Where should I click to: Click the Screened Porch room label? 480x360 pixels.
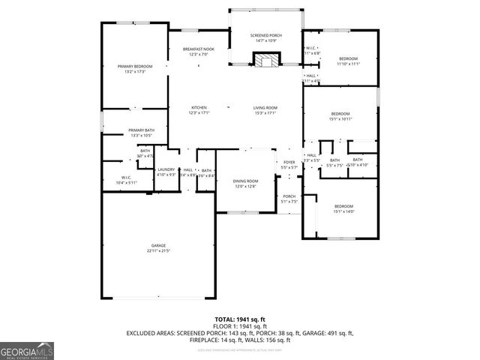pyautogui.click(x=265, y=36)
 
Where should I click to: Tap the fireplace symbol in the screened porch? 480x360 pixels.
pyautogui.click(x=265, y=60)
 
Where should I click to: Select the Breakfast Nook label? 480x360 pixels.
pyautogui.click(x=198, y=49)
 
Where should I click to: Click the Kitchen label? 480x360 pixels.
pyautogui.click(x=199, y=107)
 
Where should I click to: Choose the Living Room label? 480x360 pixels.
pyautogui.click(x=265, y=107)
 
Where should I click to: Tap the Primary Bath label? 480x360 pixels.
pyautogui.click(x=141, y=130)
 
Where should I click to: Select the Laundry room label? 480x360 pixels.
pyautogui.click(x=166, y=169)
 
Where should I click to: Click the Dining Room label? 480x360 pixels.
pyautogui.click(x=245, y=181)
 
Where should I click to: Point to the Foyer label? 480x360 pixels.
pyautogui.click(x=289, y=162)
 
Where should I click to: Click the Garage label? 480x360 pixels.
pyautogui.click(x=158, y=245)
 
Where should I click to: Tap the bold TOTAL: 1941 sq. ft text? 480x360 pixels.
pyautogui.click(x=239, y=319)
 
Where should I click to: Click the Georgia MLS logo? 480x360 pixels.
pyautogui.click(x=27, y=350)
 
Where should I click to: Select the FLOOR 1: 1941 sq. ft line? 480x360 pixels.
pyautogui.click(x=239, y=326)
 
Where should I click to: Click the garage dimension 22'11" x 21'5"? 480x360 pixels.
pyautogui.click(x=158, y=250)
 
